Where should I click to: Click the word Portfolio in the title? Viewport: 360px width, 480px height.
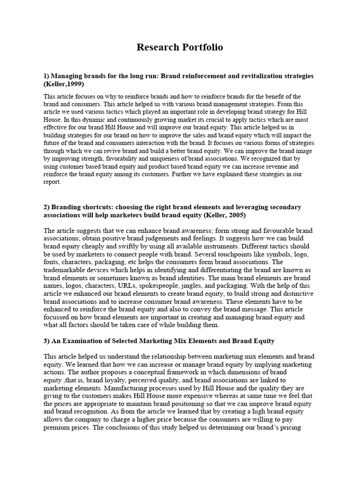coord(200,47)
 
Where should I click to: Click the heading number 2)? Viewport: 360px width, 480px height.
coord(47,207)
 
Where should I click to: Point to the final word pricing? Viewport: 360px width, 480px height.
coord(295,428)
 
